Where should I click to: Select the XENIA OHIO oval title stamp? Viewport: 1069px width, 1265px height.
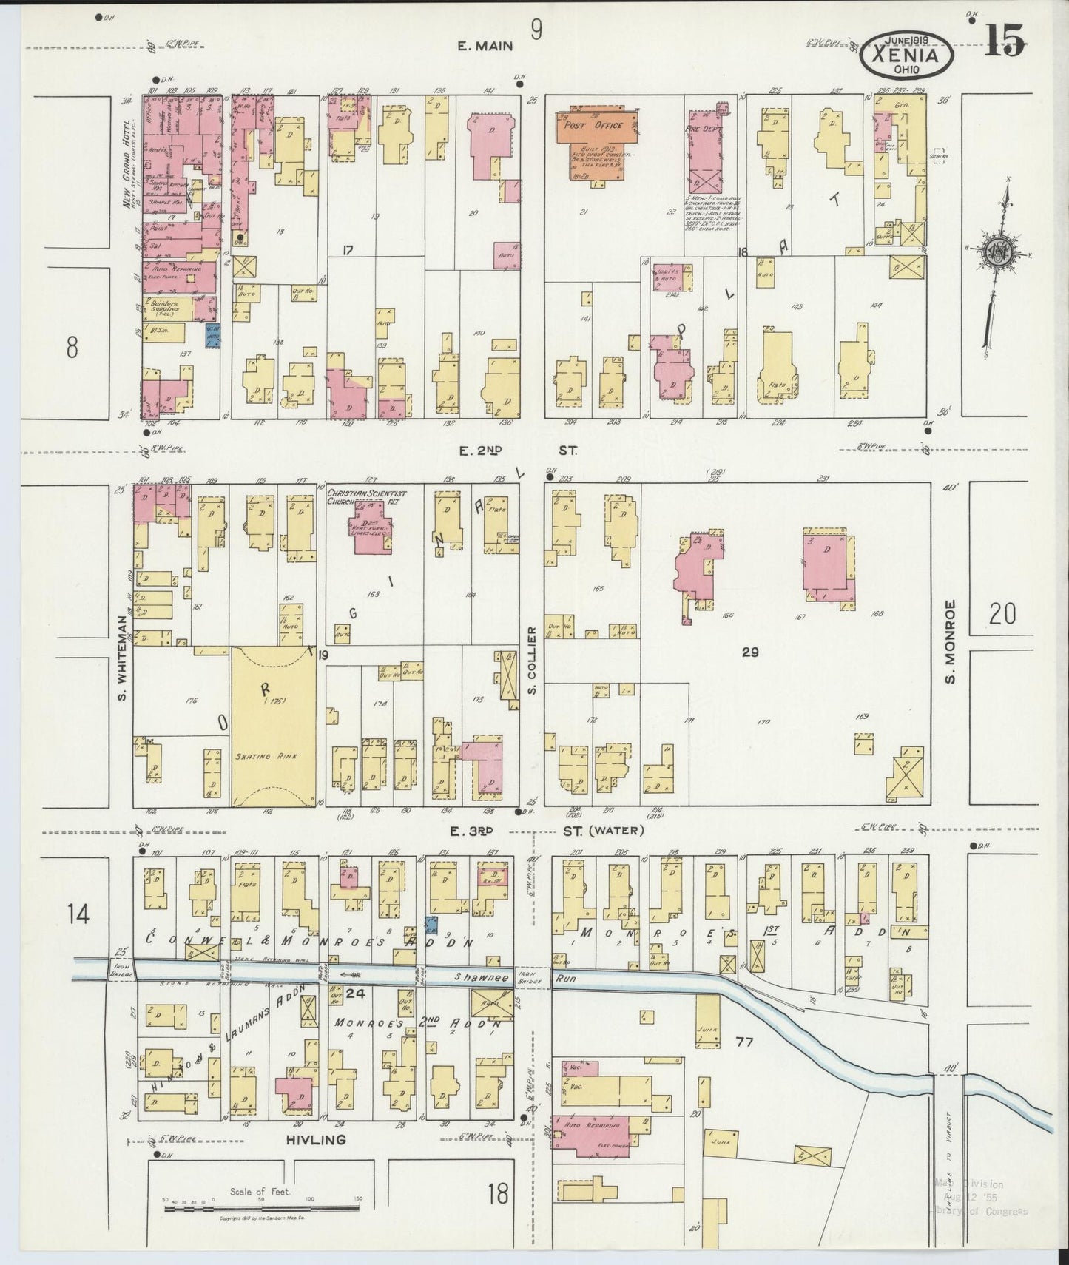906,54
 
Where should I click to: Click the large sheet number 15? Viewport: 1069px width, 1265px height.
1004,41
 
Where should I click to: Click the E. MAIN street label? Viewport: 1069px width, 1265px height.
485,46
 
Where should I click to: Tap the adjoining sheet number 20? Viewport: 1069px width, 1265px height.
1002,613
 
